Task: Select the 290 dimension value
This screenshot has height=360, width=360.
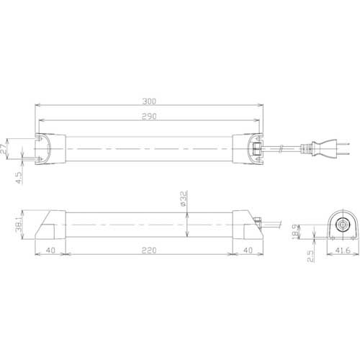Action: (150, 116)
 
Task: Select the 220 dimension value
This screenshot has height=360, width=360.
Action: (150, 251)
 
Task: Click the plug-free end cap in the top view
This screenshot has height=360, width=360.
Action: (50, 150)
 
